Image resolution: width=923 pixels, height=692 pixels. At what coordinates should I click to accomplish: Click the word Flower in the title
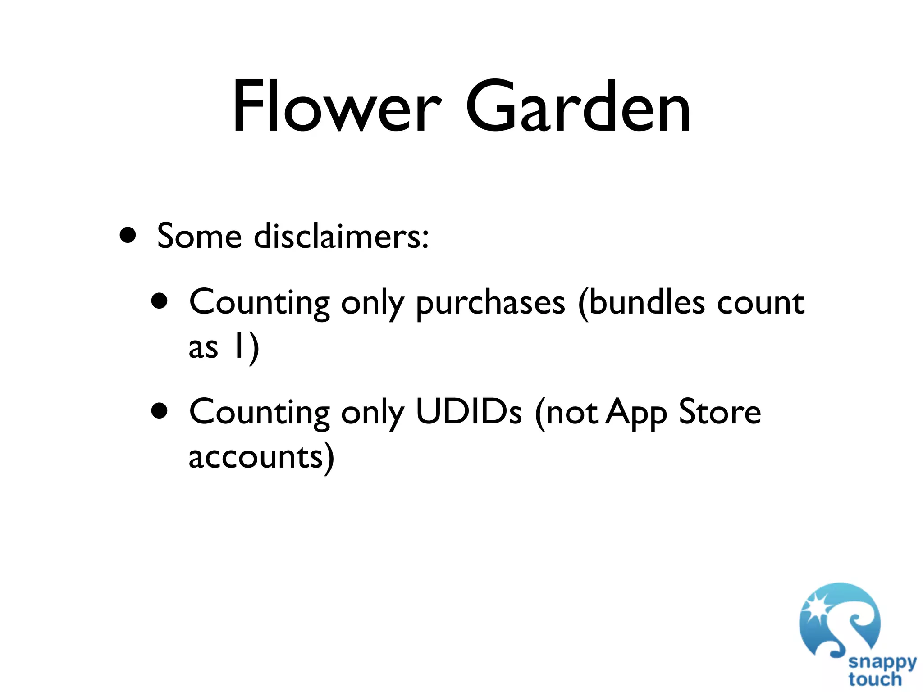(x=336, y=107)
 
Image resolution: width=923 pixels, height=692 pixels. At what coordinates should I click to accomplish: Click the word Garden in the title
(x=578, y=107)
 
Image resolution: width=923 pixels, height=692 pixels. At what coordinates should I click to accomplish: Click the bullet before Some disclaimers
(x=128, y=235)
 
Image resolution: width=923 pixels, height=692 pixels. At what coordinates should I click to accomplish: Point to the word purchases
(x=490, y=303)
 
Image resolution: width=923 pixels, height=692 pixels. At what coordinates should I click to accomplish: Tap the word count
(x=760, y=303)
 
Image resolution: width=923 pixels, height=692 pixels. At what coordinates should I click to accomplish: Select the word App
(x=635, y=413)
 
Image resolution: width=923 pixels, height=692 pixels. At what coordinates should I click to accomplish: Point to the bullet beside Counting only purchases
(x=160, y=301)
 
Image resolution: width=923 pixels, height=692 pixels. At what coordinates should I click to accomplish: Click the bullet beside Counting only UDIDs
(x=160, y=411)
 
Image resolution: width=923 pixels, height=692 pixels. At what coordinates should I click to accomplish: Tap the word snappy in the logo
(x=882, y=663)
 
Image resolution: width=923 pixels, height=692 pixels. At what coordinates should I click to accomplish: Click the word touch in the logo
(x=875, y=679)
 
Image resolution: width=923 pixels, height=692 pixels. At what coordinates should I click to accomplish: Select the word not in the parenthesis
(x=572, y=412)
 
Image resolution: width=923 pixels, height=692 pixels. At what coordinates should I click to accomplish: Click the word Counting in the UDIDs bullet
(x=259, y=413)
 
